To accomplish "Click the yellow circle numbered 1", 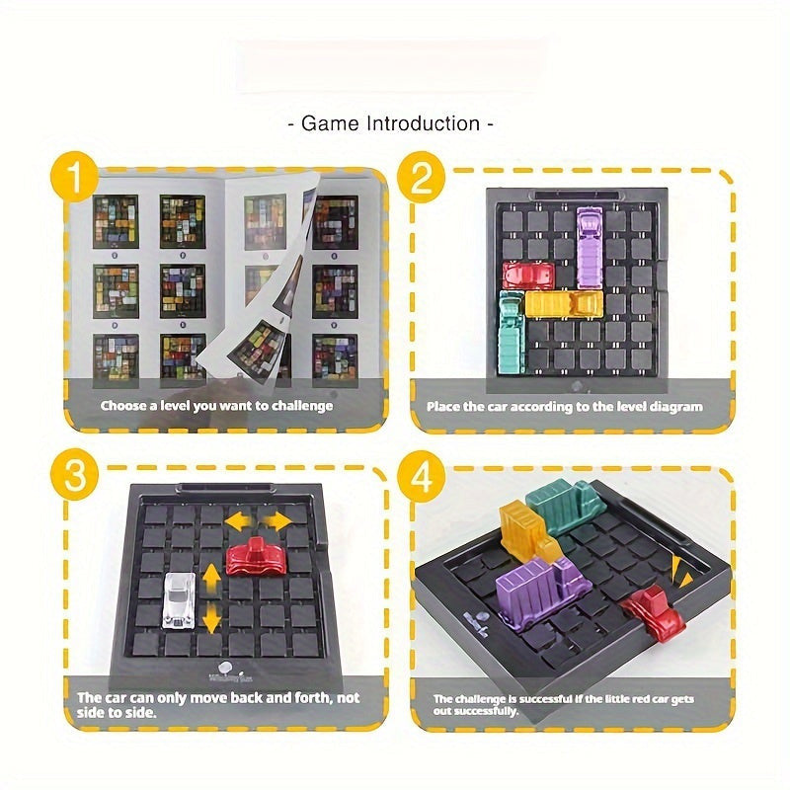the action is coord(75,177).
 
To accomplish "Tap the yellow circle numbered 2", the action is coord(422,177).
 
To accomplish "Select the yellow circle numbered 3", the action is coord(75,474).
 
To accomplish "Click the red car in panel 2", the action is coord(528,276).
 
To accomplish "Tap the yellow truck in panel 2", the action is coord(564,304).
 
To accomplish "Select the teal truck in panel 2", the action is coord(511,333).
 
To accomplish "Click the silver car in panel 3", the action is coord(179,601).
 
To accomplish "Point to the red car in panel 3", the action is coord(257,557).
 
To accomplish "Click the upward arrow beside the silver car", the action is coord(212,577).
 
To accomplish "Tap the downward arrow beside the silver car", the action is coord(212,619).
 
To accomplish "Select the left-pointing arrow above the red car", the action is coord(240,522).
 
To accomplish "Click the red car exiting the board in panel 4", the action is coord(654,611).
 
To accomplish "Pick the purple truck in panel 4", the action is coord(541,591).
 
